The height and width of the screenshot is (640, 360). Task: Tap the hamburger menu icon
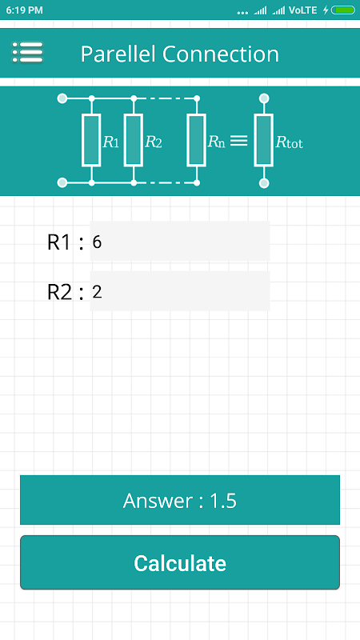point(27,52)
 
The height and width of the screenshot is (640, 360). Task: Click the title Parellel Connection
point(179,54)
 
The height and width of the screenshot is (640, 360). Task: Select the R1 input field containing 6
point(179,242)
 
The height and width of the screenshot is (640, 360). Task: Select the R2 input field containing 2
point(179,291)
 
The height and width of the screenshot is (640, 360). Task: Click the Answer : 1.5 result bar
point(180,500)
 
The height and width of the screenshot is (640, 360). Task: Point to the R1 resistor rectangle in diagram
point(91,141)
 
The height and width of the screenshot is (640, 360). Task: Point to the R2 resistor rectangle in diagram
point(134,141)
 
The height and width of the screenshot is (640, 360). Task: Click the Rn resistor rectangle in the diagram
point(196,141)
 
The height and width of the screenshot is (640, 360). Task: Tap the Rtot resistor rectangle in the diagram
point(264,141)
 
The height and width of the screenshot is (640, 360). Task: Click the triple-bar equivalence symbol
point(238,141)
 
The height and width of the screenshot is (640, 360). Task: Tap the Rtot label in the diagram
point(290,142)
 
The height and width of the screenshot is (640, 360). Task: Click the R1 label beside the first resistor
point(111,142)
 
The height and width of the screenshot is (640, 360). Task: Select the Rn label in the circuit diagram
point(216,142)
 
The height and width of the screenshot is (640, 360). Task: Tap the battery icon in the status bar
point(343,10)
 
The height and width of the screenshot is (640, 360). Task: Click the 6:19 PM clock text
point(25,10)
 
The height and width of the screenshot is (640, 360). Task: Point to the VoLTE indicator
point(303,10)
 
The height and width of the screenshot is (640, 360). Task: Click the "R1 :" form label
point(66,243)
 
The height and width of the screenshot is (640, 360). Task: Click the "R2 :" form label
point(66,293)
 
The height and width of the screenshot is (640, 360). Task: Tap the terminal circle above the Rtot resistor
point(264,98)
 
